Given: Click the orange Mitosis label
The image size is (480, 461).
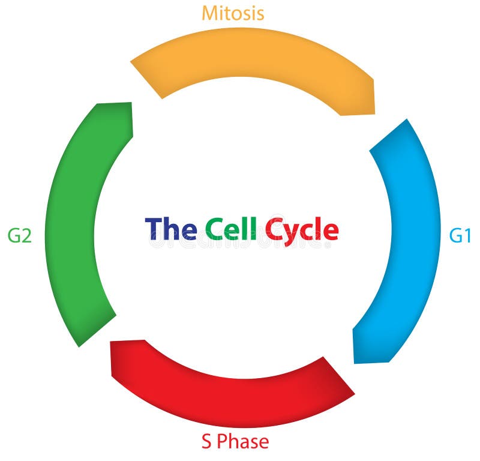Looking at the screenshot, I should click(232, 13).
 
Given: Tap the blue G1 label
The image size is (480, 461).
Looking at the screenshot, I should click(460, 236).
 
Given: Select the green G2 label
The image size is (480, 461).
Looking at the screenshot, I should click(19, 236).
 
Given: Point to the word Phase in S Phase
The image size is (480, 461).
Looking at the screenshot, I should click(242, 442).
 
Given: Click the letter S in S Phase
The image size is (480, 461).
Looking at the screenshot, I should click(206, 442).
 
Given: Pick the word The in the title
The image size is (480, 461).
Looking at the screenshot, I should click(170, 229).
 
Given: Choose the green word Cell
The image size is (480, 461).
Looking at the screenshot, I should click(231, 229).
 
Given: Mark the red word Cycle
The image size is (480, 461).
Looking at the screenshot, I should click(302, 230).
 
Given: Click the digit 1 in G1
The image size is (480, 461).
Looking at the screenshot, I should click(467, 236).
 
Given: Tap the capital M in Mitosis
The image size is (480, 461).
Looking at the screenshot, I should click(210, 13).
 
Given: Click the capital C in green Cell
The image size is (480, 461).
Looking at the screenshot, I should click(214, 229).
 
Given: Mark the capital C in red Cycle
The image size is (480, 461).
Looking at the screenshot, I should click(274, 229).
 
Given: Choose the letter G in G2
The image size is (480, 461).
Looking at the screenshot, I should click(13, 236).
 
